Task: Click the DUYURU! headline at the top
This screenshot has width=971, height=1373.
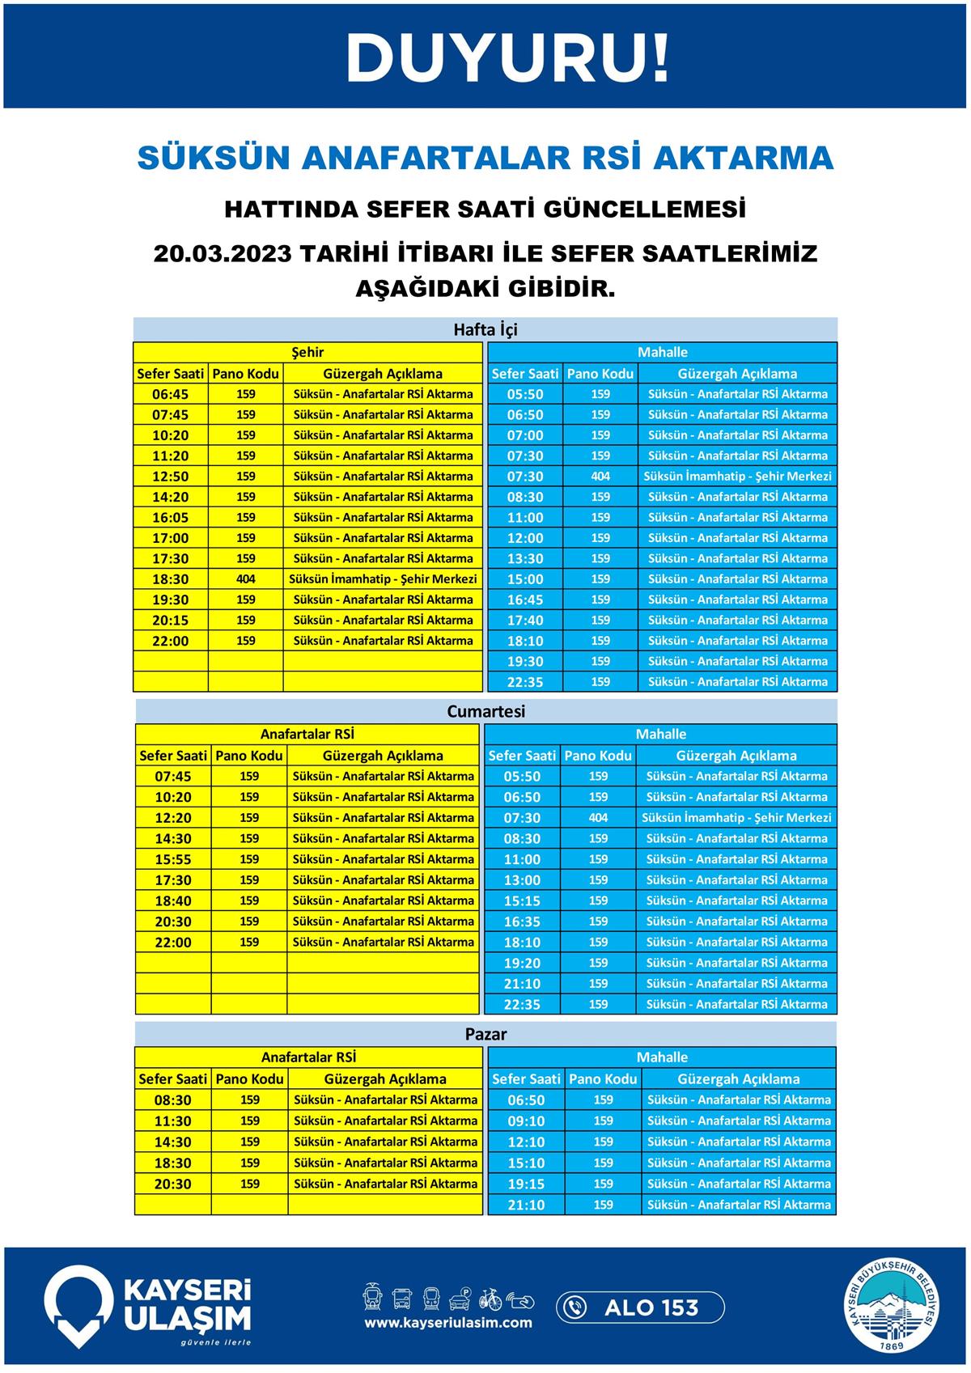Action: coord(508,58)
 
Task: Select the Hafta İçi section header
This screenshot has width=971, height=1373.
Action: coord(485,329)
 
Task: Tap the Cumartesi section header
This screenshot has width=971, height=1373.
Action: coord(485,711)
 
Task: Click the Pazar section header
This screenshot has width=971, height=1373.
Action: coord(485,1034)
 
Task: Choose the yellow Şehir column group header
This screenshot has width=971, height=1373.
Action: coord(307,352)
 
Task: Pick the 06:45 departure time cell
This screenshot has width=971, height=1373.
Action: coord(170,395)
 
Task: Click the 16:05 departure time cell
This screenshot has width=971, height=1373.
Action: coord(170,518)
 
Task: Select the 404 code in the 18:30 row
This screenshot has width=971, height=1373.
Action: coord(246,579)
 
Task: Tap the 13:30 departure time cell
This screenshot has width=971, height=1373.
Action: coord(525,559)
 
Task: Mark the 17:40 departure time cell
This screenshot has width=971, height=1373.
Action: coord(525,621)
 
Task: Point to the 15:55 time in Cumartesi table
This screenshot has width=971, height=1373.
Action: coord(173,859)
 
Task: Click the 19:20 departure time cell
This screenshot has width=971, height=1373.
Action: coord(522,963)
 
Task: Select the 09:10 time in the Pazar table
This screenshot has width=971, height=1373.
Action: coord(526,1121)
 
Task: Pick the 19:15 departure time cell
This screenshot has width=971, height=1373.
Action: coord(526,1184)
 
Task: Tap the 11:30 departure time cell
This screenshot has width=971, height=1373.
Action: coord(173,1121)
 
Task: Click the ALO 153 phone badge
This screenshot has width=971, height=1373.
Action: coord(640,1307)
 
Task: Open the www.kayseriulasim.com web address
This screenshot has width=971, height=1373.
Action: coord(448,1323)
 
